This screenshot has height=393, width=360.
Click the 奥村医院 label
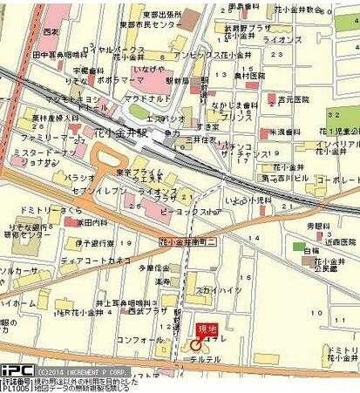pos(254,75)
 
